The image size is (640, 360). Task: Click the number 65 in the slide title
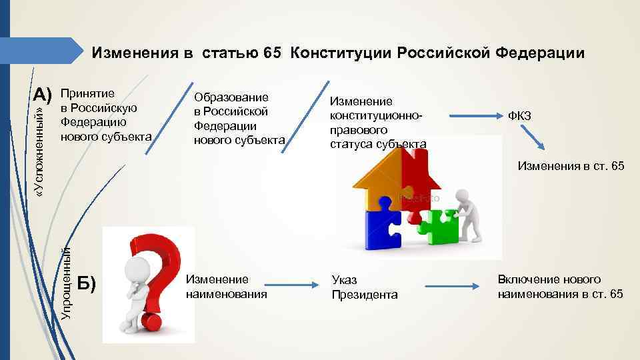pos(273,53)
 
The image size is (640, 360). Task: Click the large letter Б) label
pos(87,283)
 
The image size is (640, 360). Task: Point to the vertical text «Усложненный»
pos(41,150)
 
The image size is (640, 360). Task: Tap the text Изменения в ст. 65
pos(571,166)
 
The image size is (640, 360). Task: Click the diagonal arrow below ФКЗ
pos(533,139)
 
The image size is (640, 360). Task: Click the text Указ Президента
pos(364,288)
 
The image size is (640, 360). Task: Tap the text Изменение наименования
pos(226,287)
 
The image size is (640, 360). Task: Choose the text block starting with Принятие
pos(105,115)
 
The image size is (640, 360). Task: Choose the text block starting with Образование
pos(239,119)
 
